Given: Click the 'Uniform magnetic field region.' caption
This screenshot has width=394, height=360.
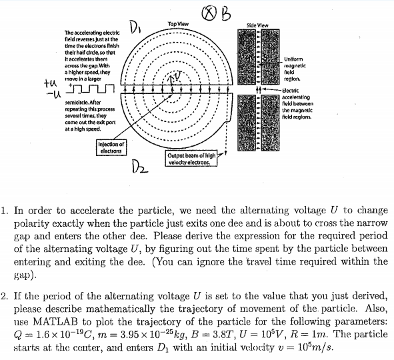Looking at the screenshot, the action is (x=296, y=69).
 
